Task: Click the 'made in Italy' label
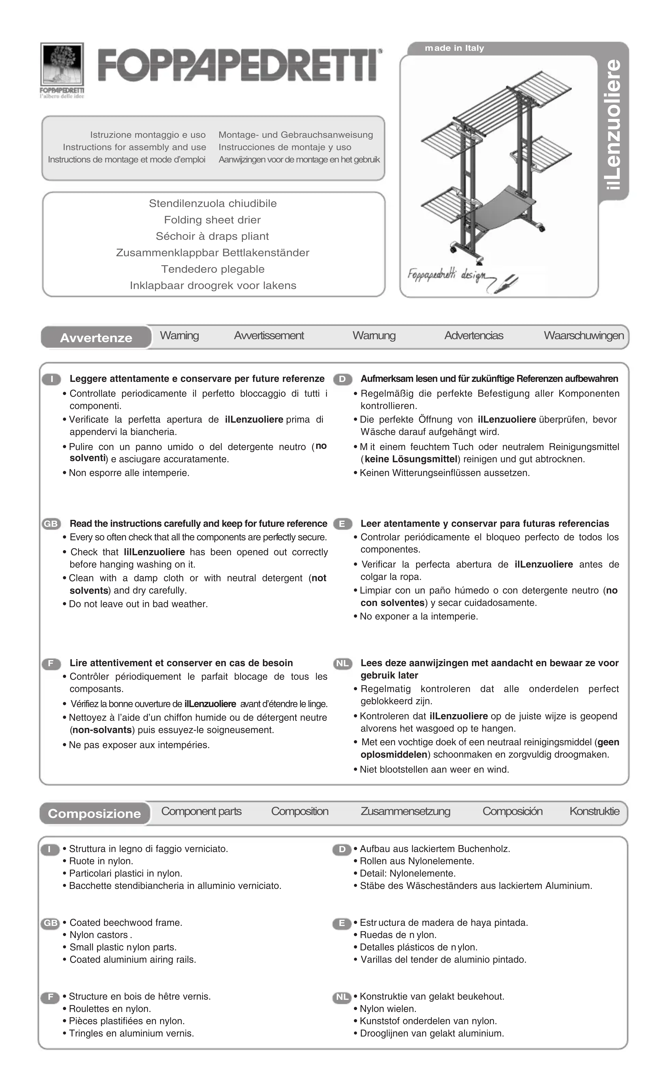[454, 48]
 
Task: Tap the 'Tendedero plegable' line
[212, 269]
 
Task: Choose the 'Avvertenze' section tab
[96, 338]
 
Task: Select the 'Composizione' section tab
[94, 814]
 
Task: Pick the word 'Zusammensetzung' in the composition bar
[405, 812]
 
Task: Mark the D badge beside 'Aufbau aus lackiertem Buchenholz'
[342, 849]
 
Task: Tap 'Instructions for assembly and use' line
[134, 147]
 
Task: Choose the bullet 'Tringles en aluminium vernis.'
[131, 1033]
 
